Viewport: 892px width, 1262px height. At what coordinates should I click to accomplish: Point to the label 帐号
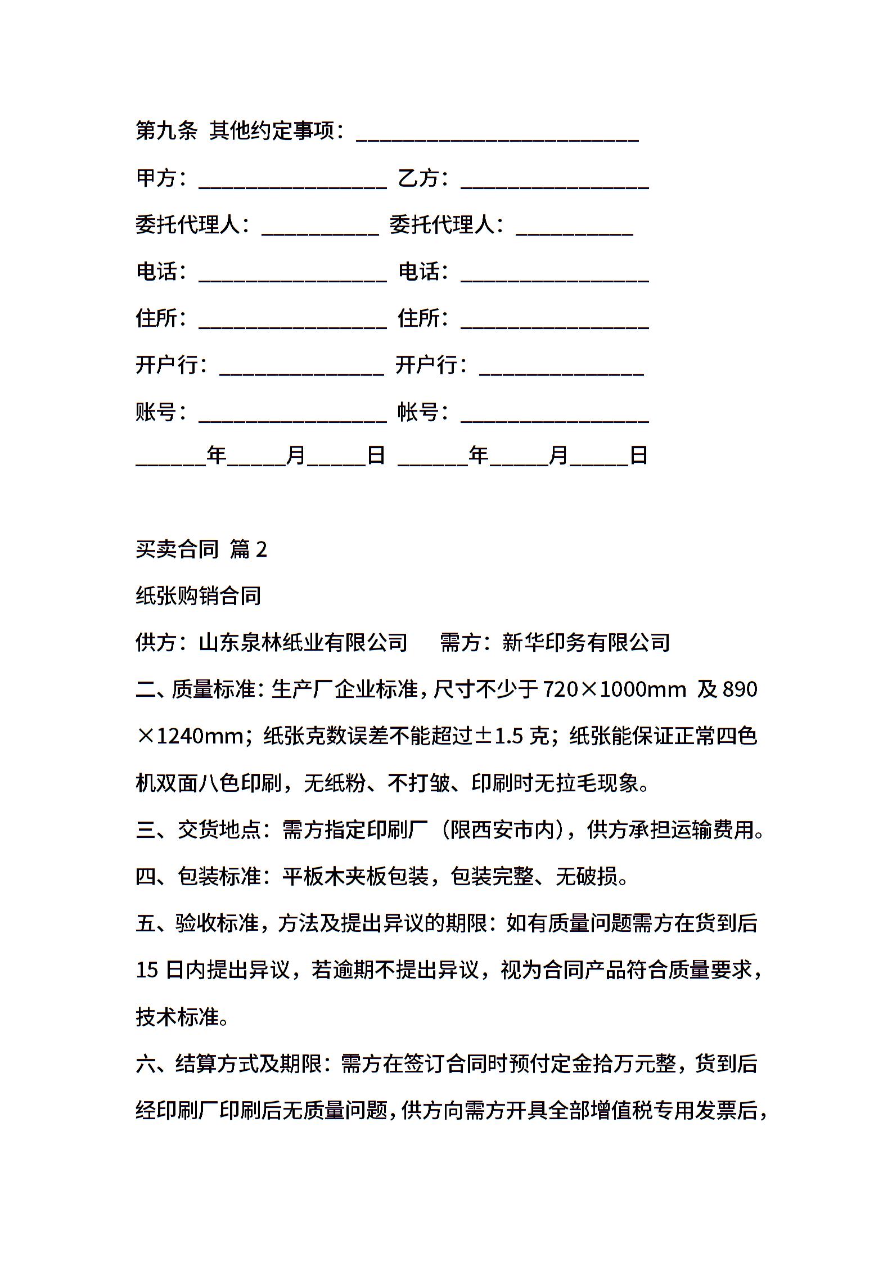tap(418, 412)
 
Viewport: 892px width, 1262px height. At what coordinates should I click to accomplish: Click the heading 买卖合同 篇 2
tap(201, 549)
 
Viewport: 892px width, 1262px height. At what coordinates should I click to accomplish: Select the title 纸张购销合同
tap(199, 596)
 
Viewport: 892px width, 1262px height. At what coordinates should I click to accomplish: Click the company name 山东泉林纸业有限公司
tap(303, 642)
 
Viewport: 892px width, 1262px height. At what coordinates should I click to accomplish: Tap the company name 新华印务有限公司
tap(586, 642)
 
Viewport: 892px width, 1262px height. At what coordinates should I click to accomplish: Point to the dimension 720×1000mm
tap(615, 689)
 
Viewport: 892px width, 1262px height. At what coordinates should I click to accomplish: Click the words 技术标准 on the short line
tap(177, 1017)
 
